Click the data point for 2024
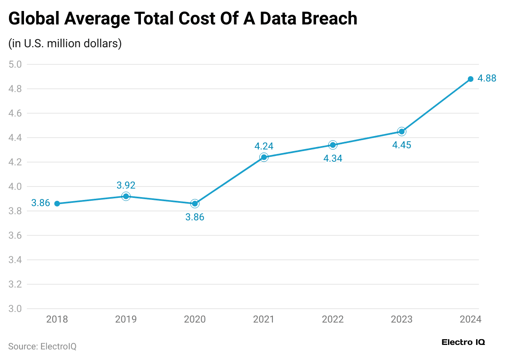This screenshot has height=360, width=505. (470, 79)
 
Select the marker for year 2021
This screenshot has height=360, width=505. (264, 157)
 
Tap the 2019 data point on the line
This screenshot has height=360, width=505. (126, 196)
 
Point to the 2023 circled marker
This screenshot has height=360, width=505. (402, 132)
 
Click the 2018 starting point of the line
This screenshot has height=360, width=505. (57, 204)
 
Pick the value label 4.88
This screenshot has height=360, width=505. (487, 79)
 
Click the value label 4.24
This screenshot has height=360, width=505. (264, 146)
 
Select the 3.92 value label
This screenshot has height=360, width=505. (126, 185)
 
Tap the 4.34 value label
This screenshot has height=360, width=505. (333, 159)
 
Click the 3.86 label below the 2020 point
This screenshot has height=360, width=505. (195, 217)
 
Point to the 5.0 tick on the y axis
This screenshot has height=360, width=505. (15, 64)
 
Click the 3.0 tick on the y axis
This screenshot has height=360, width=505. (15, 309)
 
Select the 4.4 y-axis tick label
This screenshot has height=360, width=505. (15, 138)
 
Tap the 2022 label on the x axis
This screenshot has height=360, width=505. (333, 319)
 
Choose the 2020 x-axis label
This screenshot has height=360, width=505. (195, 319)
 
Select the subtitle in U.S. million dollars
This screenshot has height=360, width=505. (65, 44)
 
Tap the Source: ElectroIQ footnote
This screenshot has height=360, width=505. (42, 347)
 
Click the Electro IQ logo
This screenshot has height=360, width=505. (463, 342)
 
